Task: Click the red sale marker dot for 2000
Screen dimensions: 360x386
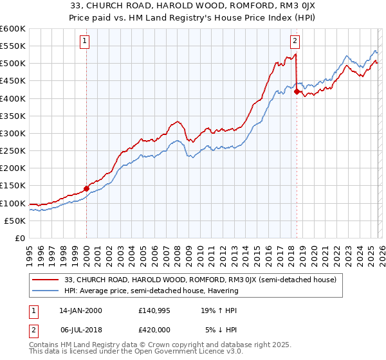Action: pos(86,188)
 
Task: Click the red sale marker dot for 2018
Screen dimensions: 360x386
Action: pos(297,92)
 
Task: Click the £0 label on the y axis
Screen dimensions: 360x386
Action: pos(21,238)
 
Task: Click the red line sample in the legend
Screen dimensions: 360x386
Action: pos(46,280)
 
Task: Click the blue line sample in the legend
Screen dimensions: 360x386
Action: pos(46,291)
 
